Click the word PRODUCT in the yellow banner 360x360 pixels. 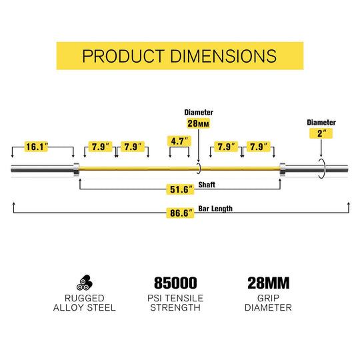[x=123, y=56]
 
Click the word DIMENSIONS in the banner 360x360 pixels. [x=223, y=56]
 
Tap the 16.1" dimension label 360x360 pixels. [x=36, y=147]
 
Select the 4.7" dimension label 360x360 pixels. [x=179, y=141]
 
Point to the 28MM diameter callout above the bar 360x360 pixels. [x=198, y=123]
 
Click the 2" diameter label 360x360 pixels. [x=321, y=133]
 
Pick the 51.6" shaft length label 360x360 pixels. [x=180, y=189]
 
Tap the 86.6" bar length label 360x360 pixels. [x=180, y=213]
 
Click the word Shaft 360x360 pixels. [x=207, y=185]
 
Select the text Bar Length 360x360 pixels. [x=215, y=209]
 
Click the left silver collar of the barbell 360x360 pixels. [x=77, y=169]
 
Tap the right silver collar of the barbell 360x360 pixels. [x=283, y=169]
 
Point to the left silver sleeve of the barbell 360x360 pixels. [x=42, y=169]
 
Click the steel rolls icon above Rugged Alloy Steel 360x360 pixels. [x=85, y=283]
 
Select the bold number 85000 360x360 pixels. [x=175, y=283]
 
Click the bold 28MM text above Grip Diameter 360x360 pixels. [x=269, y=283]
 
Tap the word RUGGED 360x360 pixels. [x=85, y=298]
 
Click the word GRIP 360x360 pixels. [x=268, y=298]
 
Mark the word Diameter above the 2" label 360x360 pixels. [x=321, y=123]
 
